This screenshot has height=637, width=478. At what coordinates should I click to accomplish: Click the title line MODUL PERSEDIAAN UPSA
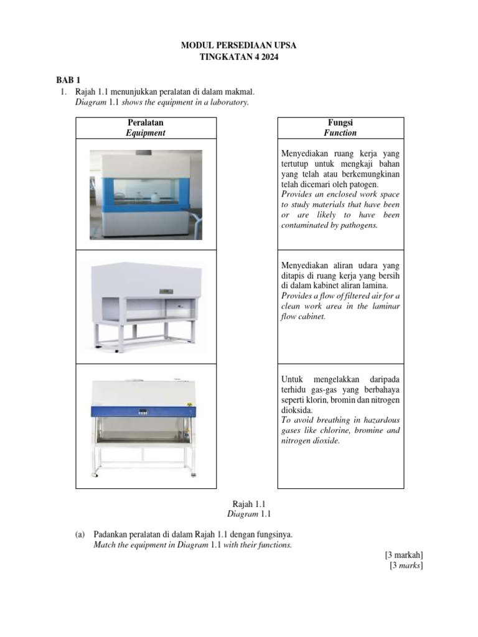point(239,45)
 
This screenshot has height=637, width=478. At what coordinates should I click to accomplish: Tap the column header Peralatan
point(145,123)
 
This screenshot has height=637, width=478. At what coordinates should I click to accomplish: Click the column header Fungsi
point(339,123)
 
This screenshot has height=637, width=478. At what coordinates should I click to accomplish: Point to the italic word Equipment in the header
point(145,133)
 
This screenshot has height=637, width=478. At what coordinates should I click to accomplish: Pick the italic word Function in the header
point(340,133)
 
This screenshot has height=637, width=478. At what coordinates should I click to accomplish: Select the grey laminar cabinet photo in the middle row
point(146,306)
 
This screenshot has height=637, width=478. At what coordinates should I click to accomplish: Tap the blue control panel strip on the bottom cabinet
point(145,411)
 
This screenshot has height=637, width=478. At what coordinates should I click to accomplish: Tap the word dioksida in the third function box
point(293,411)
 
